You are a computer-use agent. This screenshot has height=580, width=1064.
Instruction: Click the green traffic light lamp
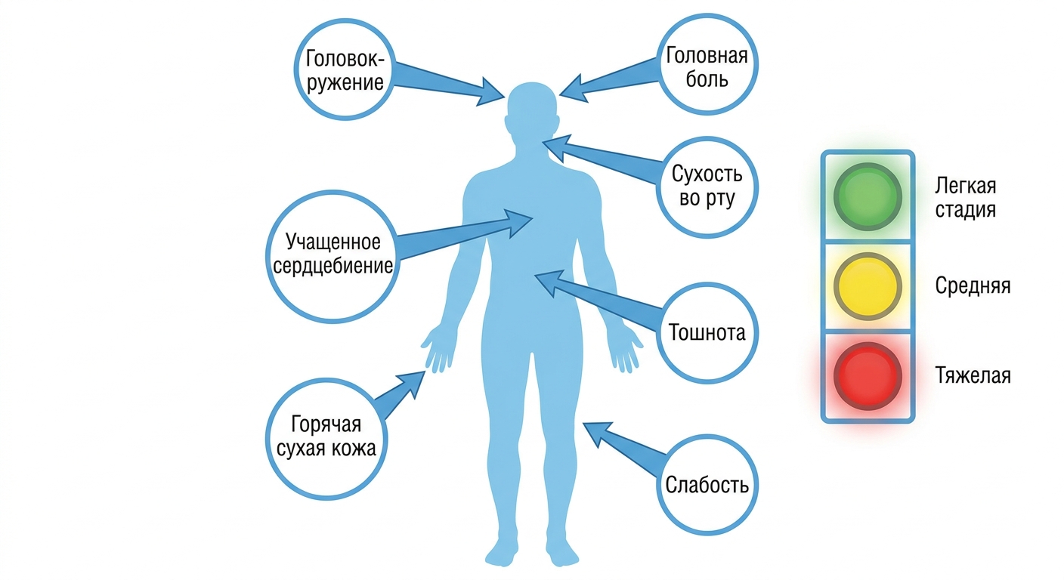pos(868,197)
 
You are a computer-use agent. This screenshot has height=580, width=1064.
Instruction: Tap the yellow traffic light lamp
pos(868,286)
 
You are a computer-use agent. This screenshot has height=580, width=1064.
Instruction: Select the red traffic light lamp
pos(868,376)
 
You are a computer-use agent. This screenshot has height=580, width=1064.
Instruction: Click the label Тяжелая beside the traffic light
pos(973,376)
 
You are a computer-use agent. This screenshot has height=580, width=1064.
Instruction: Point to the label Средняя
pos(973,285)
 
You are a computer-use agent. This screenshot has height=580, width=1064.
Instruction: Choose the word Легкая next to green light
pos(965,186)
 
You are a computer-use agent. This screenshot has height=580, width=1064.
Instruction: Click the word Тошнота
pos(707,332)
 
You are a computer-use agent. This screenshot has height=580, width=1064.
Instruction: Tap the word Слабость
pos(707,485)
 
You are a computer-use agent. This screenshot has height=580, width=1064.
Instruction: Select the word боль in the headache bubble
pos(707,79)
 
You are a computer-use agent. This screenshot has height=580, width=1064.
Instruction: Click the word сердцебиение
pos(333,266)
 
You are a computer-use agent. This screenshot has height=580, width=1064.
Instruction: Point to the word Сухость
pos(707,174)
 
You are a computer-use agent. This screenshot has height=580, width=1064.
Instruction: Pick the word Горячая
pos(326,424)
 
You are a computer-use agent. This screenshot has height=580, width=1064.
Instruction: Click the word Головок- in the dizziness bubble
pos(345,59)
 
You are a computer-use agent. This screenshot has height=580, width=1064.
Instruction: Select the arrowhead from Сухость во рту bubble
pos(555,148)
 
